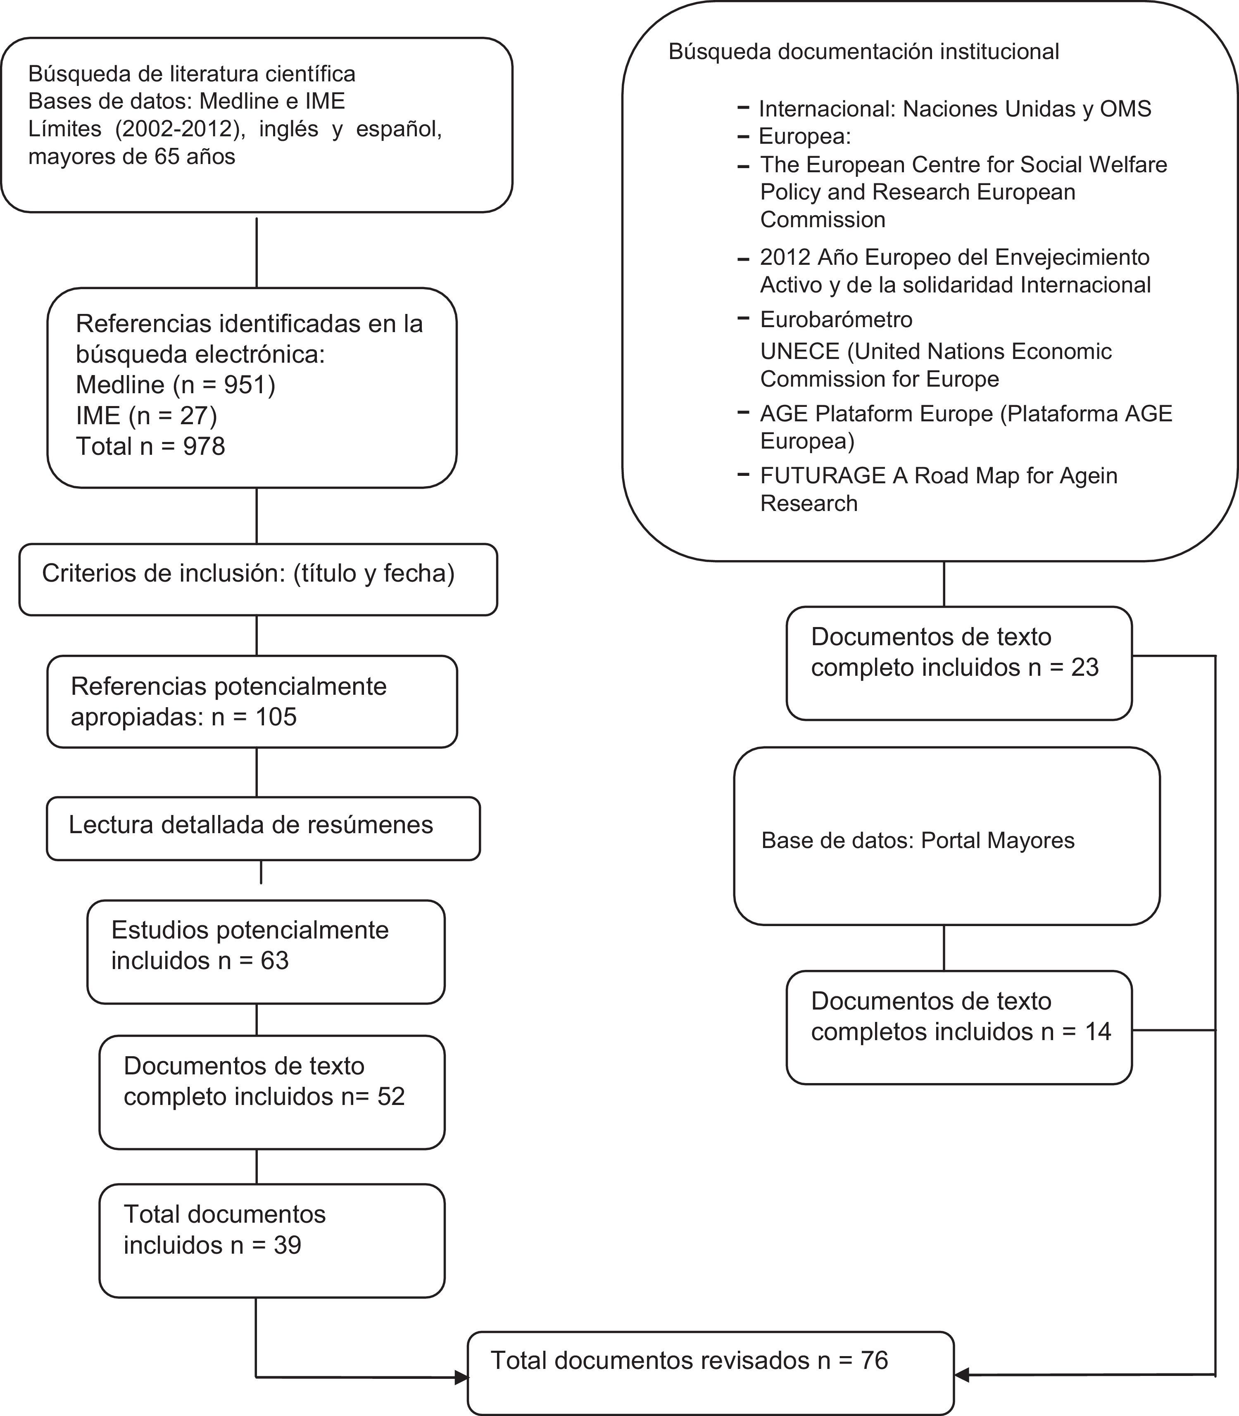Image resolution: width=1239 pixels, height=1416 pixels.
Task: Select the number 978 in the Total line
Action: click(204, 447)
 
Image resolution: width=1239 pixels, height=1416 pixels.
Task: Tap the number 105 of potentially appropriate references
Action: click(276, 717)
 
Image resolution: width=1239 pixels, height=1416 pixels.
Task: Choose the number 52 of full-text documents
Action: click(391, 1097)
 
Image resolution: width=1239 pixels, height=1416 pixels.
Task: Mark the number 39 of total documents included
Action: click(287, 1245)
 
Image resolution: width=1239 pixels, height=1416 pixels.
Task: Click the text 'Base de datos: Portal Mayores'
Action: click(918, 841)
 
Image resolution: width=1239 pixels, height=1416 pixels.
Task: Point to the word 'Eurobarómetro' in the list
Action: click(836, 319)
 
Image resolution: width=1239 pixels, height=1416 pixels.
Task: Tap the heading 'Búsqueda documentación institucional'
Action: click(863, 52)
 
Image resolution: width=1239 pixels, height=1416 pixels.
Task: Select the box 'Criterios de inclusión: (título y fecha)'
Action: click(258, 580)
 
